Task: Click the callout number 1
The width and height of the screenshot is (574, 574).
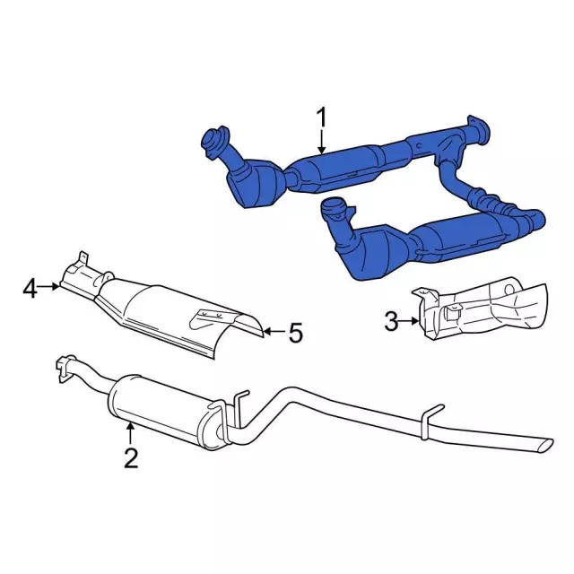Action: pyautogui.click(x=322, y=117)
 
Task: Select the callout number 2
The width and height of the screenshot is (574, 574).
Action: pyautogui.click(x=131, y=457)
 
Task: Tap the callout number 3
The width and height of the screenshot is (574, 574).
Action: pyautogui.click(x=391, y=322)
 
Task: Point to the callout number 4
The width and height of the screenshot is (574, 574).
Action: pyautogui.click(x=30, y=289)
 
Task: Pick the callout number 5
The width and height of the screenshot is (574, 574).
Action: pyautogui.click(x=296, y=333)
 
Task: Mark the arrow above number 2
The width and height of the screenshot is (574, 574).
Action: pyautogui.click(x=130, y=433)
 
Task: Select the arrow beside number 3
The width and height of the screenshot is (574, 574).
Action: pyautogui.click(x=409, y=321)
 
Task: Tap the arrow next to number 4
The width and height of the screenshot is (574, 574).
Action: pyautogui.click(x=49, y=287)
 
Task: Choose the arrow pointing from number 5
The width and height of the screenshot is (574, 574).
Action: pyautogui.click(x=274, y=332)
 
